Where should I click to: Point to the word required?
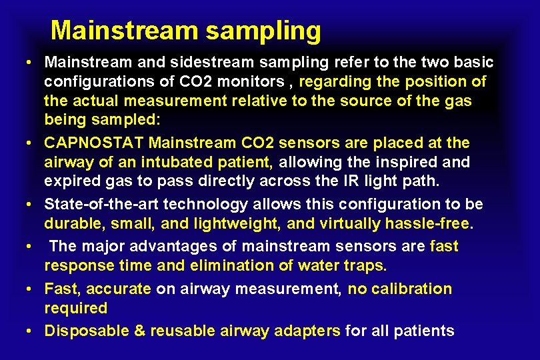pyautogui.click(x=75, y=308)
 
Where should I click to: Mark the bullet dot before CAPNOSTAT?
pyautogui.click(x=31, y=143)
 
